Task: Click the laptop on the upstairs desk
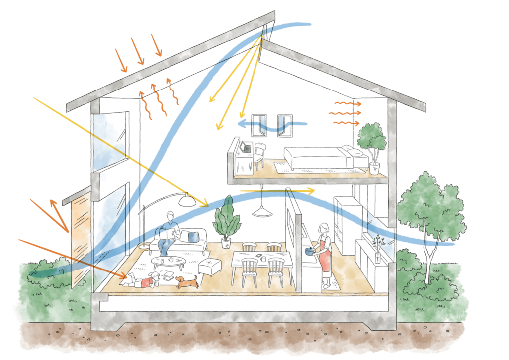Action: click(x=245, y=147)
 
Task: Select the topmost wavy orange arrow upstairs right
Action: click(x=347, y=104)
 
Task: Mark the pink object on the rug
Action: click(x=147, y=282)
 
